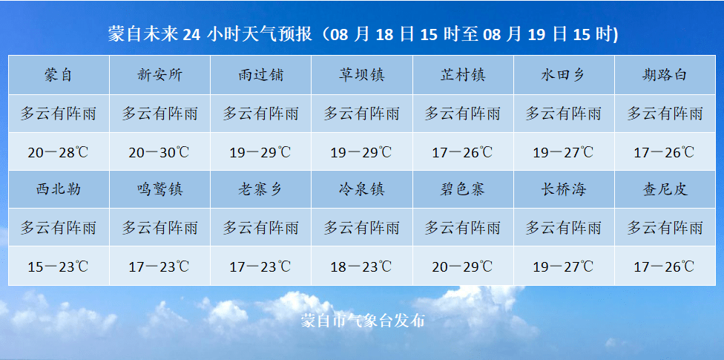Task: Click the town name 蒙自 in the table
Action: click(59, 75)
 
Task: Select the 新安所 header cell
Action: click(159, 75)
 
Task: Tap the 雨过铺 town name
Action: click(260, 75)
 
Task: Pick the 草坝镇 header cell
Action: click(361, 75)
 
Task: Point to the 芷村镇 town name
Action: click(462, 75)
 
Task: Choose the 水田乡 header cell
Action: click(563, 75)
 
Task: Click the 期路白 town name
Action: click(665, 75)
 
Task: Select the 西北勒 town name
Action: click(59, 189)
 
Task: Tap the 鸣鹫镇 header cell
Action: click(159, 189)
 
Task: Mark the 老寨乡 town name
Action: click(260, 189)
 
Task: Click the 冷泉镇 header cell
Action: click(361, 189)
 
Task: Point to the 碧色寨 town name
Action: click(462, 189)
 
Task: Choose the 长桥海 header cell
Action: click(563, 189)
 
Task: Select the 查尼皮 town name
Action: click(665, 189)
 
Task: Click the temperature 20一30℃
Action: click(159, 153)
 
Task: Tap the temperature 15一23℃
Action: click(59, 266)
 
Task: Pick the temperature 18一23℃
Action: click(361, 266)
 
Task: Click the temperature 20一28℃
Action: click(59, 153)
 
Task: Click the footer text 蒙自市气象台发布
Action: click(363, 321)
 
